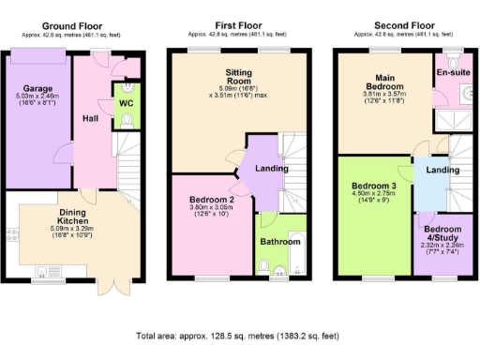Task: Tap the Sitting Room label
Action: pyautogui.click(x=225, y=77)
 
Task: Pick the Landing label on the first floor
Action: pyautogui.click(x=271, y=170)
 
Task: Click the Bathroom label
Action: pyautogui.click(x=280, y=241)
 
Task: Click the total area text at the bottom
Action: pyautogui.click(x=240, y=335)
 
